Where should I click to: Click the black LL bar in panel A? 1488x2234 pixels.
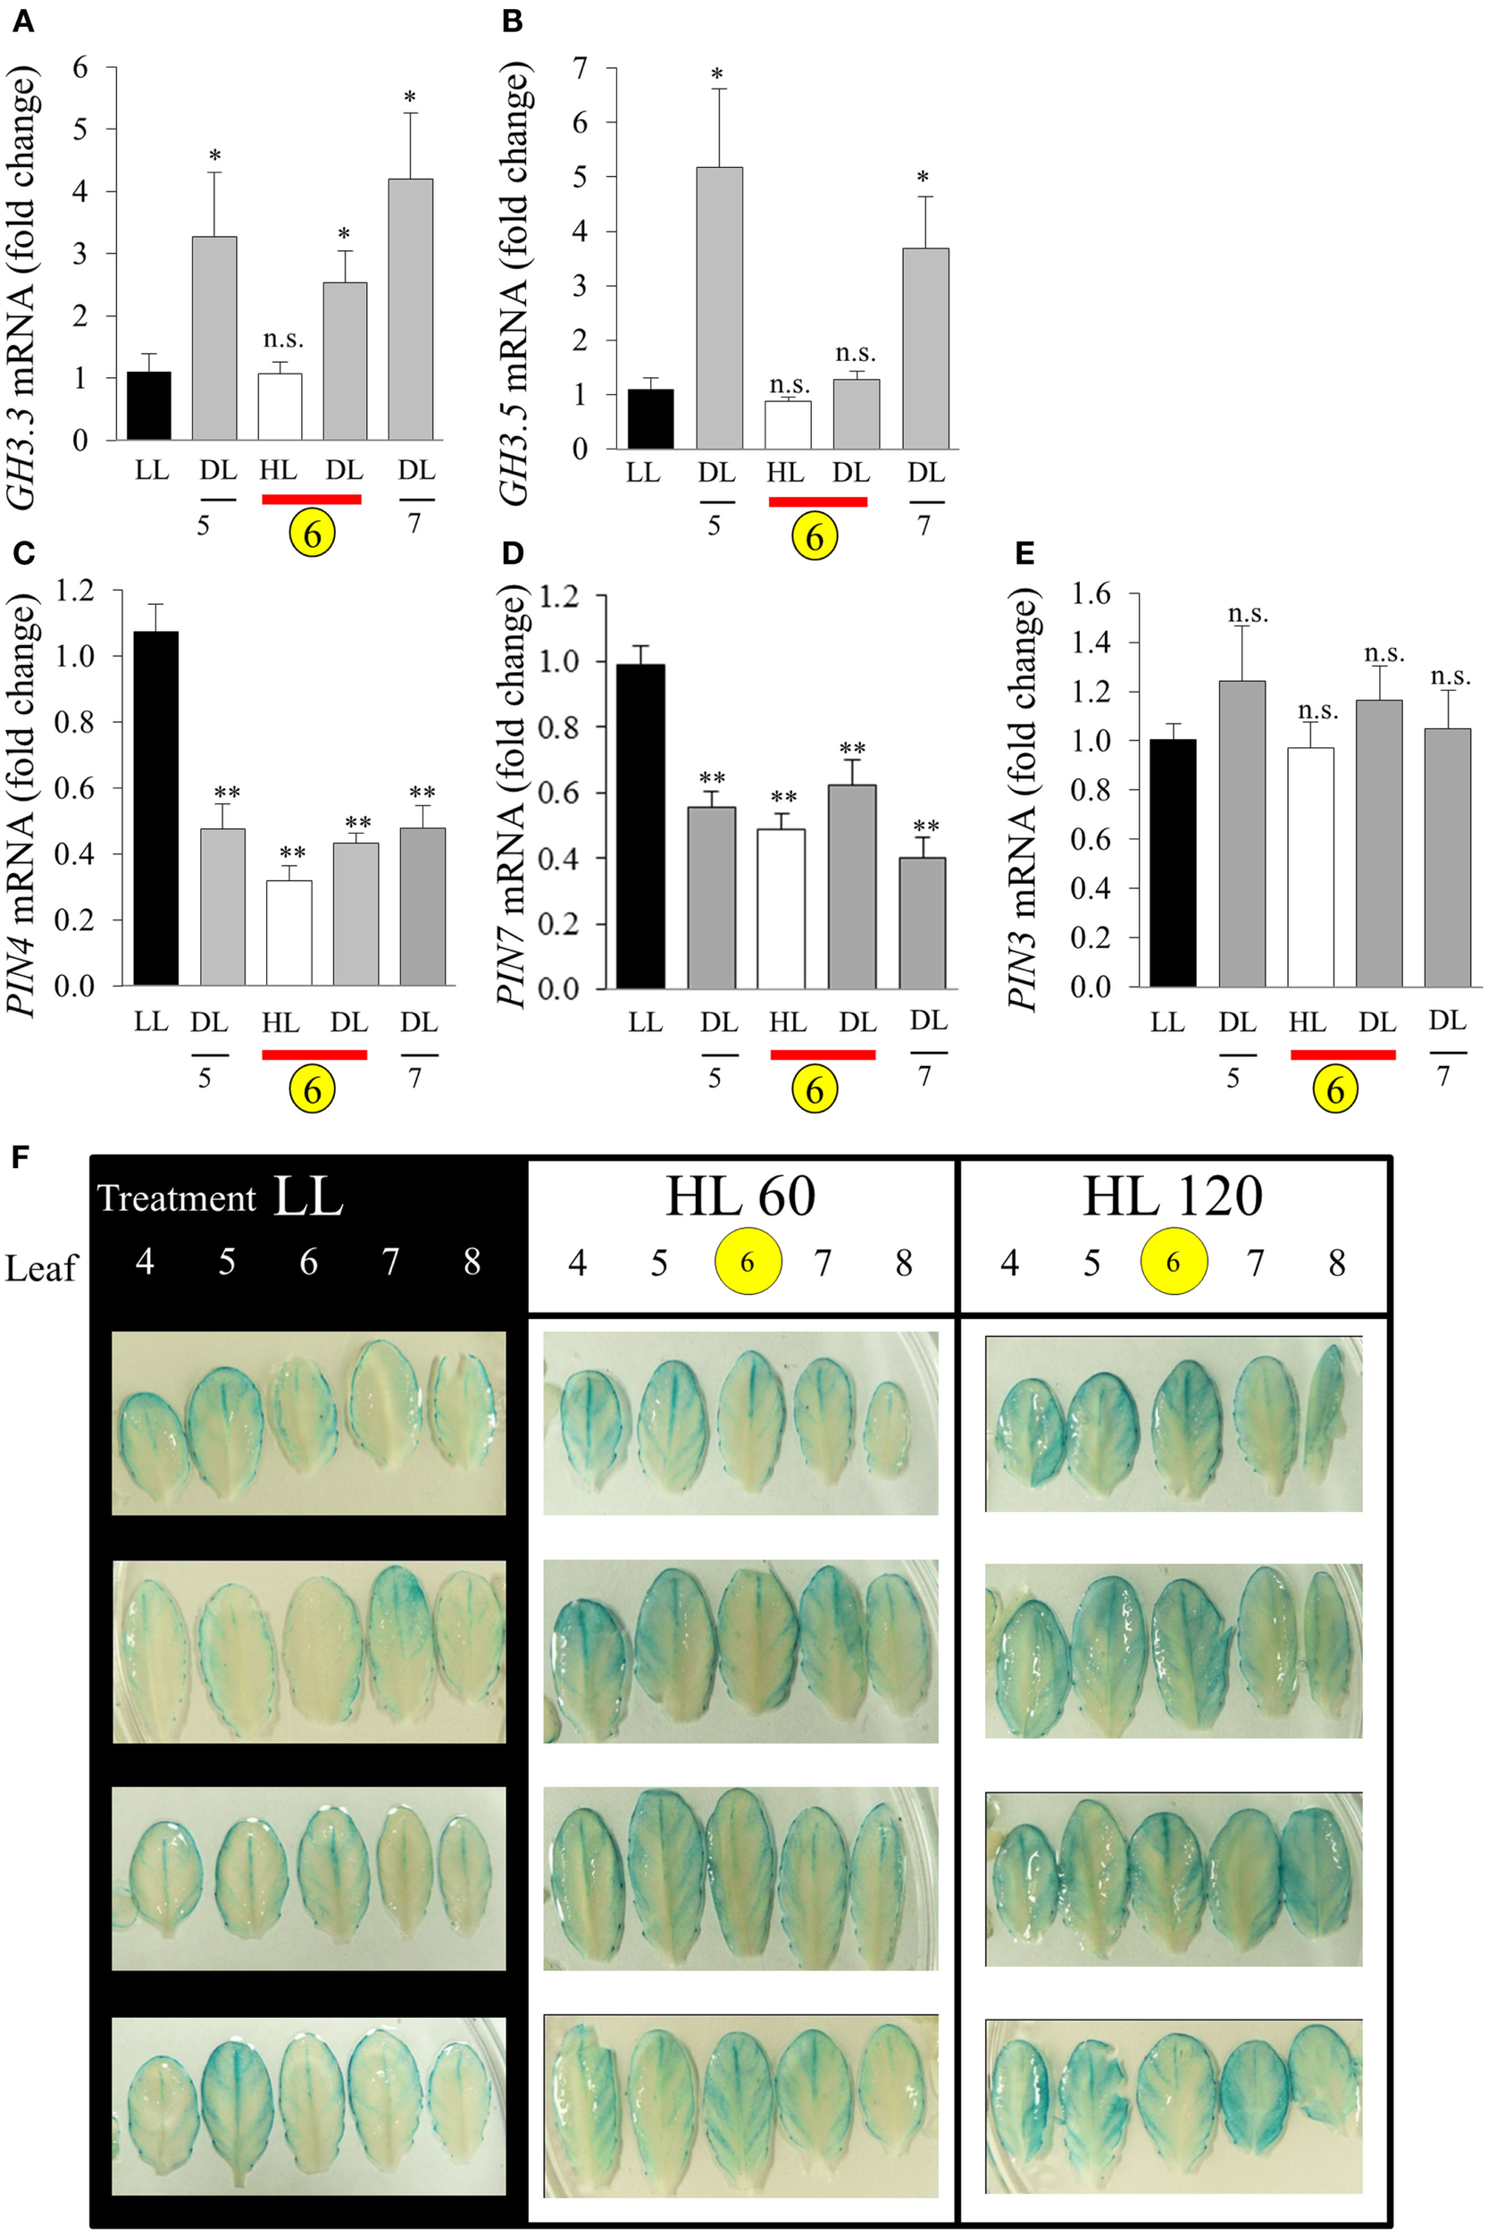148,406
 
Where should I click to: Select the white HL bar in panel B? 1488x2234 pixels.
788,424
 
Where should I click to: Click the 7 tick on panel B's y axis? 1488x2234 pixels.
579,67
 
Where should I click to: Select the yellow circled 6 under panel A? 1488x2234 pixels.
313,535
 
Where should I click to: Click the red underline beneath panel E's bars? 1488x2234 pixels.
1342,1054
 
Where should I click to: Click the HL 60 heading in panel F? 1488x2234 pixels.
740,1197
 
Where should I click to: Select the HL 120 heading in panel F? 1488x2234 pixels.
1173,1197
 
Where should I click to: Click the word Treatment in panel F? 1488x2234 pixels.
177,1199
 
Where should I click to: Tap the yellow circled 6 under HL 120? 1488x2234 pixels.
1174,1262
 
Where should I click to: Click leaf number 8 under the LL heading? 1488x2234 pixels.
472,1262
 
